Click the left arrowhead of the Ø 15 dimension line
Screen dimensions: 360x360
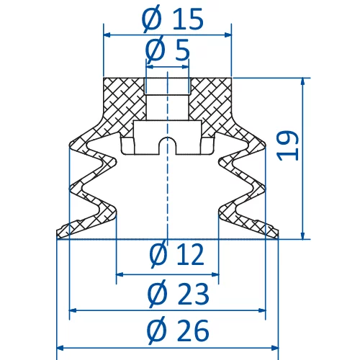tap(108, 34)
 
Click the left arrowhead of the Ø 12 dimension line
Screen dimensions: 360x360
tap(120, 274)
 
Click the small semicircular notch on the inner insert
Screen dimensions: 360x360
tap(167, 140)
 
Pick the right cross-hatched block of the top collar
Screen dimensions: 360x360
tap(210, 97)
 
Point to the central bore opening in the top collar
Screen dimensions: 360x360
tap(167, 86)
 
